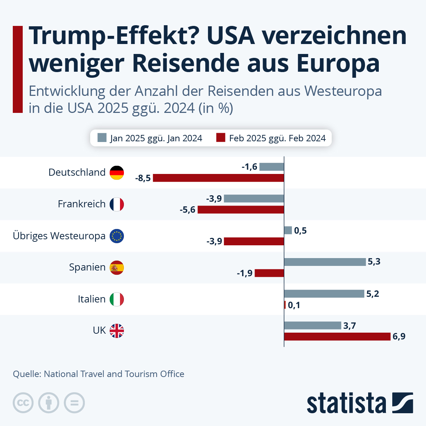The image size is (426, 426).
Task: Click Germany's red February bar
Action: click(218, 178)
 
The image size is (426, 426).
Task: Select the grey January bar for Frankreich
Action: click(254, 198)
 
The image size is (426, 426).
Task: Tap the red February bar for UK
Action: click(337, 337)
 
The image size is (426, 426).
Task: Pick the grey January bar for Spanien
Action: click(325, 262)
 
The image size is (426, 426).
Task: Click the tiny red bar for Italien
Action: click(285, 305)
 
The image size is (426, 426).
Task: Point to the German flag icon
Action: click(117, 173)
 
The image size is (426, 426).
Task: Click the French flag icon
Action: click(117, 204)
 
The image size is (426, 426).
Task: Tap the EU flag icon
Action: click(117, 236)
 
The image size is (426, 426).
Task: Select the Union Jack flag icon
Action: click(117, 331)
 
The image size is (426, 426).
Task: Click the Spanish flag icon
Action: click(117, 267)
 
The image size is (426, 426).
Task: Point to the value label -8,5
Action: click(143, 178)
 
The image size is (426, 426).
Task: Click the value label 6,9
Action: click(399, 337)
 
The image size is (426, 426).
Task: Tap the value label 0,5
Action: click(300, 231)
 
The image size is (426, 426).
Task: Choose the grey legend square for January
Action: click(102, 138)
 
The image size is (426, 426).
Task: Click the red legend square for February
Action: click(221, 138)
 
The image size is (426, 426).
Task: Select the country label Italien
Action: click(92, 299)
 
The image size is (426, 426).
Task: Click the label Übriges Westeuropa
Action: click(59, 236)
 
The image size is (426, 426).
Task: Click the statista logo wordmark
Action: click(346, 403)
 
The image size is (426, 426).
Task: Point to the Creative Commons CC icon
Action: click(23, 403)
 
